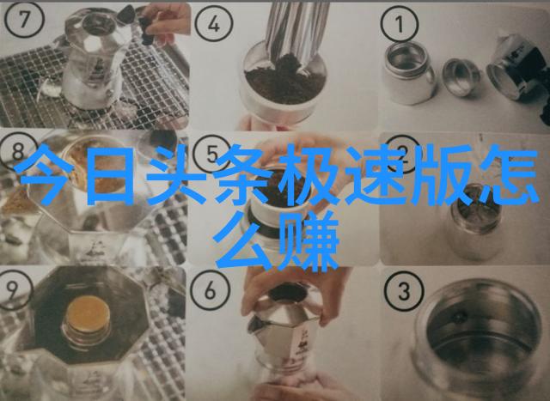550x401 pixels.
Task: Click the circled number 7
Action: (x=24, y=20)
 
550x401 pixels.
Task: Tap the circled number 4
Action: (x=214, y=24)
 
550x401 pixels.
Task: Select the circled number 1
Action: (x=400, y=24)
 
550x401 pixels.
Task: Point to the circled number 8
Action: (x=17, y=152)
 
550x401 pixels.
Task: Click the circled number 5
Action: (x=211, y=155)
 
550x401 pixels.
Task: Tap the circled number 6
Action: (x=210, y=290)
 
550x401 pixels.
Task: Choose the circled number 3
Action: (x=404, y=291)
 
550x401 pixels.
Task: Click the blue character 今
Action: (x=45, y=174)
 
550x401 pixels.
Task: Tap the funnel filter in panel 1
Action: (x=461, y=76)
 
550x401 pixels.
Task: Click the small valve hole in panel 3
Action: (x=459, y=317)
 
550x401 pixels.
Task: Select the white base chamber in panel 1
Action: (x=409, y=73)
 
